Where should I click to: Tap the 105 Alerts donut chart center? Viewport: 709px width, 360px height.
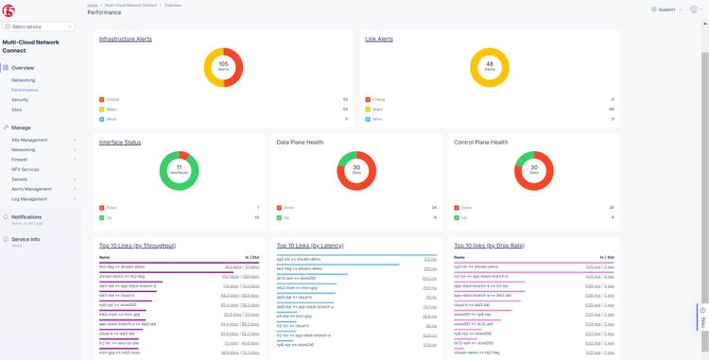coord(223,67)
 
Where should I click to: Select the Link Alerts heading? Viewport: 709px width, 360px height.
coord(379,39)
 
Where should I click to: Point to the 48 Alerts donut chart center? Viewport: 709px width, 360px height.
coord(490,67)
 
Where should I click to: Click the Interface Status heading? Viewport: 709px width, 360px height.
coord(120,142)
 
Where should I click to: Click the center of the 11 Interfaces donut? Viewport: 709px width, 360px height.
coord(180,172)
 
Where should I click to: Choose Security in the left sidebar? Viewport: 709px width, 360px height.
coord(20,99)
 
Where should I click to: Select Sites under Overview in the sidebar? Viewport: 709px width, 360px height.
coord(18,109)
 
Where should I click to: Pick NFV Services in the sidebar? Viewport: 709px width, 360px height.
coord(26,169)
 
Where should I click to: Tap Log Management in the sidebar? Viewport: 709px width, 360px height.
coord(30,199)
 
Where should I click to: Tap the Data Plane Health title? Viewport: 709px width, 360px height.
coord(302,142)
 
